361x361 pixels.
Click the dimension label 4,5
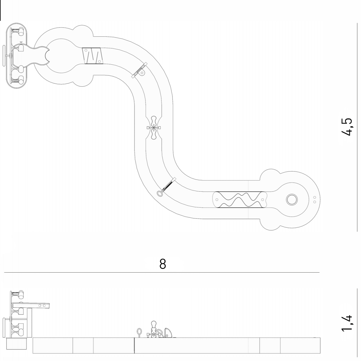347,127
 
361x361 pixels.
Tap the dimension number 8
163,264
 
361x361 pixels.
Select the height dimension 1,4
347,326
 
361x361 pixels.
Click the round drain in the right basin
292,200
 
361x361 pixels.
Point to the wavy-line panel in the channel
240,199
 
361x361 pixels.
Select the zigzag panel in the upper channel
92,56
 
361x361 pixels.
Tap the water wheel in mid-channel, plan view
154,128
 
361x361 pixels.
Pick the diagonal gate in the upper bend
139,70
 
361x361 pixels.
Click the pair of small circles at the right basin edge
315,199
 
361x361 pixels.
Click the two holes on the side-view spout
42,306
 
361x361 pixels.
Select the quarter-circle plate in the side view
168,333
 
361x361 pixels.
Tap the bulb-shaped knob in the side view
154,324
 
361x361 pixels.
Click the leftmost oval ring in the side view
139,331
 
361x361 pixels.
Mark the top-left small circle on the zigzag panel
86,50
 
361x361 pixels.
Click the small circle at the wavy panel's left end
217,199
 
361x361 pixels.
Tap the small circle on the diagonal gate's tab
142,73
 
